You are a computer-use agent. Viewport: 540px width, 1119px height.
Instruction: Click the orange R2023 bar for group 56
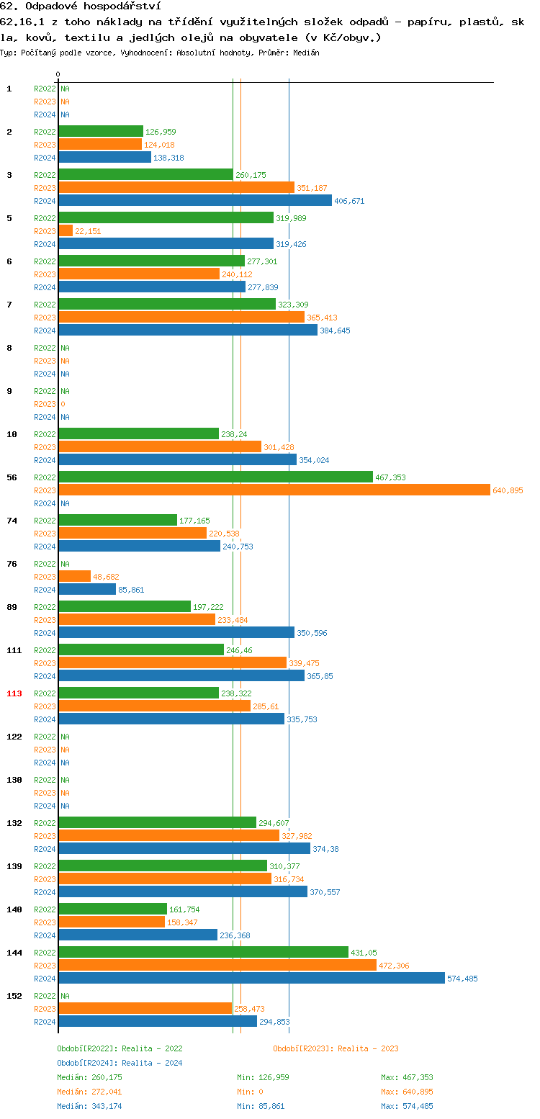pyautogui.click(x=274, y=490)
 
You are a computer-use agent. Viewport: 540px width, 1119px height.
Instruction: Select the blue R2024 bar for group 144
pyautogui.click(x=251, y=978)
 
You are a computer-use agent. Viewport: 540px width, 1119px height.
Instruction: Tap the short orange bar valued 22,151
pyautogui.click(x=66, y=230)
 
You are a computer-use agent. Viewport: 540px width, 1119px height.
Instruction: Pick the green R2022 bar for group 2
pyautogui.click(x=101, y=131)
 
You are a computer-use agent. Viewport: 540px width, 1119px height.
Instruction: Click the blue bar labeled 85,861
pyautogui.click(x=87, y=589)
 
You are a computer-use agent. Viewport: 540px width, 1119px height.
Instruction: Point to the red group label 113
pyautogui.click(x=14, y=693)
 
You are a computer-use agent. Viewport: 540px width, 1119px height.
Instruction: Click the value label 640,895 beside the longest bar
pyautogui.click(x=508, y=490)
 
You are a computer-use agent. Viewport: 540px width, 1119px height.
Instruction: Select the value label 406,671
pyautogui.click(x=348, y=201)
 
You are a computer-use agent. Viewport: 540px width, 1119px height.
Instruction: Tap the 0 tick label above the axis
pyautogui.click(x=58, y=74)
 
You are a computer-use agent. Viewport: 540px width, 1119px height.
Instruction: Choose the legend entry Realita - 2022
pyautogui.click(x=120, y=1048)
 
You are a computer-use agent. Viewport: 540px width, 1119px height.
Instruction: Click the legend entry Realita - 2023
pyautogui.click(x=336, y=1048)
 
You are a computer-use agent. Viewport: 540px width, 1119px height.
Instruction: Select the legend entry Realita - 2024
pyautogui.click(x=120, y=1063)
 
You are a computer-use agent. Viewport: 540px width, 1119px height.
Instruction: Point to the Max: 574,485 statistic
pyautogui.click(x=407, y=1106)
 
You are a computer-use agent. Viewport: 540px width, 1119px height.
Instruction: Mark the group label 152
pyautogui.click(x=14, y=996)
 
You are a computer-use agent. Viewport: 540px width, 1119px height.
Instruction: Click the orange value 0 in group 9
pyautogui.click(x=63, y=404)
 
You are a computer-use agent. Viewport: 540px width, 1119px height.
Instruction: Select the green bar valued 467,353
pyautogui.click(x=215, y=477)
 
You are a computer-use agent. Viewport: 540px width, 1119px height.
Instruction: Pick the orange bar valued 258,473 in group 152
pyautogui.click(x=145, y=1008)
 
